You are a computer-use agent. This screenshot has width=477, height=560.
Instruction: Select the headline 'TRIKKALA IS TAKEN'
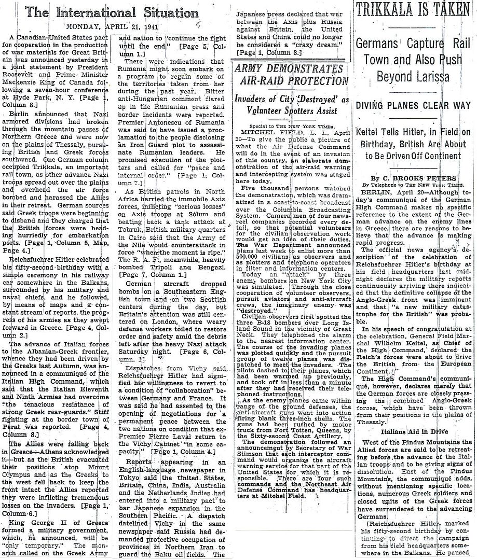coord(413,10)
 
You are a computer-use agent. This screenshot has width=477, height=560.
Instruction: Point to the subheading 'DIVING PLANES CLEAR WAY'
coord(413,106)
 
